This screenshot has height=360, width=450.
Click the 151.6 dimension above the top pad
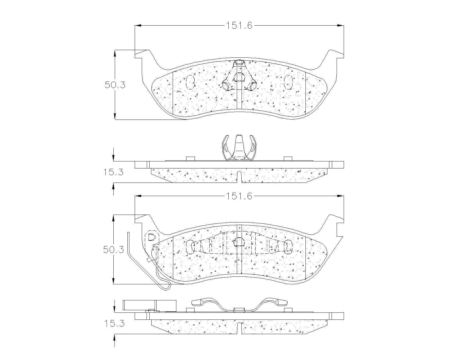coord(239,26)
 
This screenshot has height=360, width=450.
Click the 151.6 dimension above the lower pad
coord(239,196)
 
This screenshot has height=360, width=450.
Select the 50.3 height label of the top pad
coord(115,85)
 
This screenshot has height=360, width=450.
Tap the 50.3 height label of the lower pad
coord(114,249)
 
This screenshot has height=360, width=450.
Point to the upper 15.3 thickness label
coord(113,172)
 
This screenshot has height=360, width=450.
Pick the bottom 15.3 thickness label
coord(114,323)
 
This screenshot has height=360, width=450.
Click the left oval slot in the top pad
coord(190,82)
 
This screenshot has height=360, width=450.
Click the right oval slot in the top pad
coord(288,82)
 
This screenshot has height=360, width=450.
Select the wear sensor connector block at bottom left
coord(150,306)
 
